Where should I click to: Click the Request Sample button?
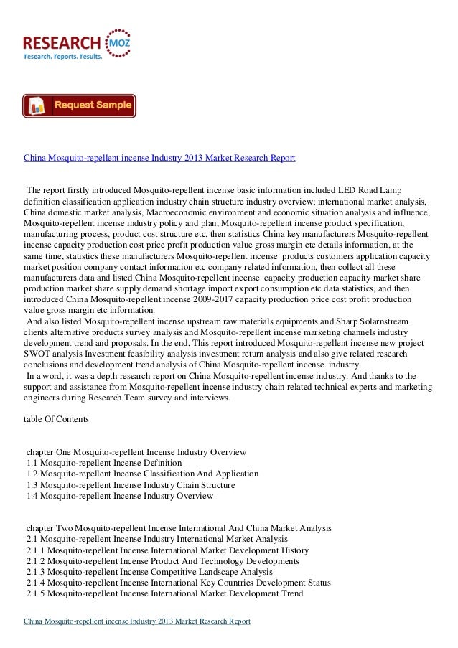[79, 105]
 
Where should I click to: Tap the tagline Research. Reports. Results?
[63, 55]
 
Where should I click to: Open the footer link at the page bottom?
[136, 621]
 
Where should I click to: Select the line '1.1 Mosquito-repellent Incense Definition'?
[104, 463]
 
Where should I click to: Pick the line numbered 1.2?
[142, 474]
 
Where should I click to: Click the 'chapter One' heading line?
[136, 452]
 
